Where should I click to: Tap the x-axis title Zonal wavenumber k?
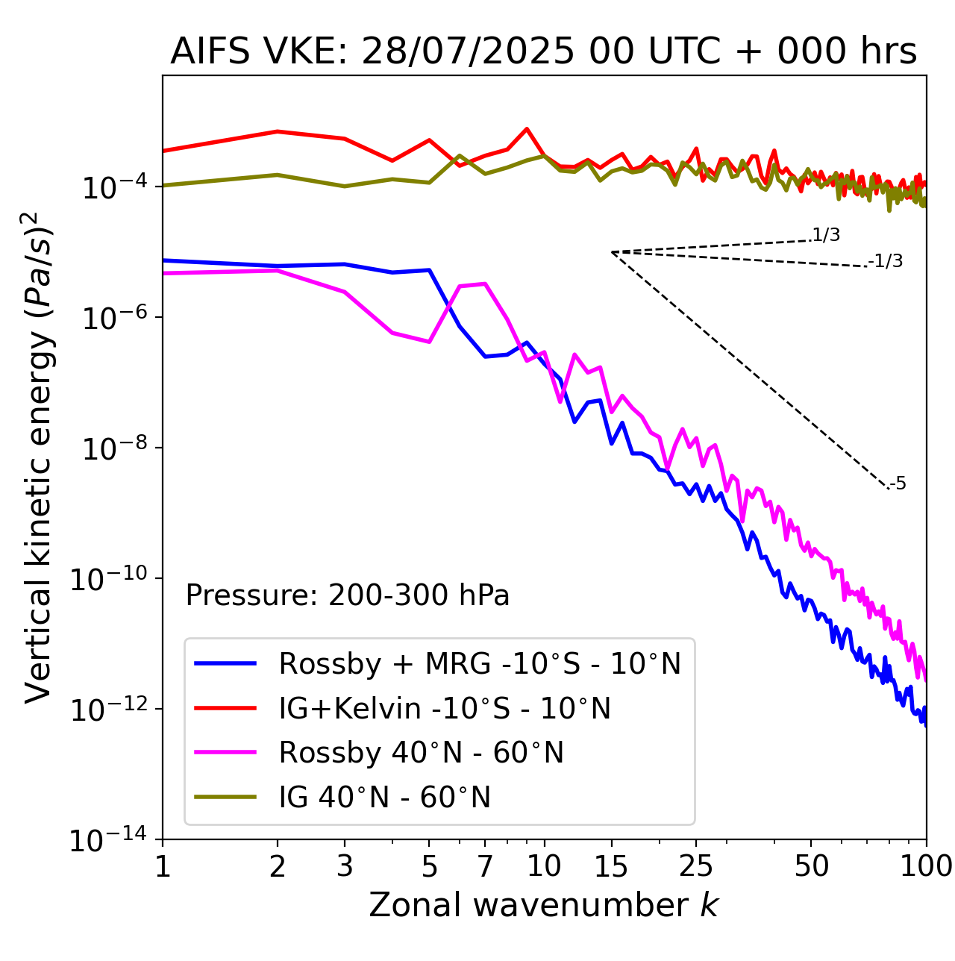pyautogui.click(x=543, y=904)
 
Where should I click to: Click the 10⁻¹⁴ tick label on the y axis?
pyautogui.click(x=112, y=840)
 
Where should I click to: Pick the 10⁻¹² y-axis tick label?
pyautogui.click(x=112, y=710)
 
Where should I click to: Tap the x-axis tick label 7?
pyautogui.click(x=485, y=866)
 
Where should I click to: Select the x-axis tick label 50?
pyautogui.click(x=812, y=866)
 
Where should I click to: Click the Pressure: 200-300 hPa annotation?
pyautogui.click(x=348, y=595)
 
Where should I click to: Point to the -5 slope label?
pyautogui.click(x=898, y=483)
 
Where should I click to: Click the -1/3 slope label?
pyautogui.click(x=886, y=261)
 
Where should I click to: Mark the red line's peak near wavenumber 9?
pyautogui.click(x=527, y=129)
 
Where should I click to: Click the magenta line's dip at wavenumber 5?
pyautogui.click(x=429, y=342)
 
